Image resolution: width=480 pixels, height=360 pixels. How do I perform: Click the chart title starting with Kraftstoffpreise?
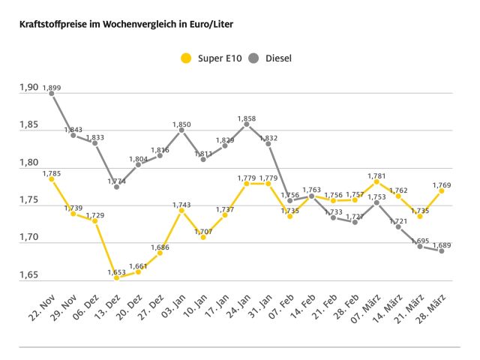pos(120,25)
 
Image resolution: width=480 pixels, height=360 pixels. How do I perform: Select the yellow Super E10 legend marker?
pos(185,58)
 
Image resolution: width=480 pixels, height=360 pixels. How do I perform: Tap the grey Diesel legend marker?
pos(253,58)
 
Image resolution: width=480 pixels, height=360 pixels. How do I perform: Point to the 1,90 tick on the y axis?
pos(28,88)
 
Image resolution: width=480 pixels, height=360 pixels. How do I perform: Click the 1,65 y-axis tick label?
pos(28,275)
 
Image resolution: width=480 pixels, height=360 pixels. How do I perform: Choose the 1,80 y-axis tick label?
pos(28,163)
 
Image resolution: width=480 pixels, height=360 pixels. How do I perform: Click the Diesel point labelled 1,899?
pos(52,94)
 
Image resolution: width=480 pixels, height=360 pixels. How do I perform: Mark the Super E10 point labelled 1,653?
pos(117,277)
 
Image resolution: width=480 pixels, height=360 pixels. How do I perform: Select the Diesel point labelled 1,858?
pos(247,124)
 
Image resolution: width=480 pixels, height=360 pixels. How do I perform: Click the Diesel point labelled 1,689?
pos(442,250)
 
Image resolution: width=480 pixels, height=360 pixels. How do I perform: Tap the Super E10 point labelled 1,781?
pos(376,181)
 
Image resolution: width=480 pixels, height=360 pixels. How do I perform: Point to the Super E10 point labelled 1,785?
pos(52,178)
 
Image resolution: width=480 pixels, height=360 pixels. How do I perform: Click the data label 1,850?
pos(181,124)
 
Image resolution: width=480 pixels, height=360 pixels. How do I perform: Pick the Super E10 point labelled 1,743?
pos(181,210)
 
